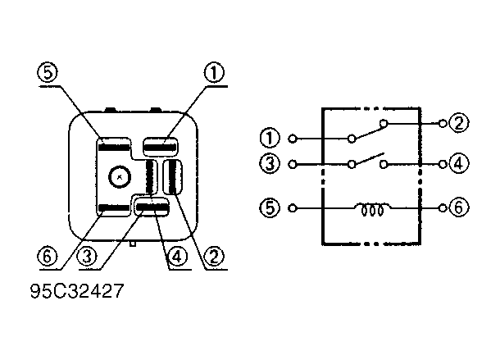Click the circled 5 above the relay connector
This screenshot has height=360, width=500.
[x=48, y=72]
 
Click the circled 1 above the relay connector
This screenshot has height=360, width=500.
[x=214, y=72]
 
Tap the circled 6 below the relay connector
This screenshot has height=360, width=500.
[x=48, y=256]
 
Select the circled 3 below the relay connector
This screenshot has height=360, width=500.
[x=87, y=256]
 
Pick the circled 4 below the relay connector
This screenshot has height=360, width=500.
[x=177, y=256]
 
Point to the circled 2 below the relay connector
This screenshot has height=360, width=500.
[x=214, y=256]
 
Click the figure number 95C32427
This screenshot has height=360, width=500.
[x=77, y=291]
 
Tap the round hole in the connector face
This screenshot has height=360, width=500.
[x=120, y=177]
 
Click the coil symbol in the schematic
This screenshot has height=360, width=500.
[x=372, y=209]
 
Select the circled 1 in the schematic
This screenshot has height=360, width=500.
[x=270, y=139]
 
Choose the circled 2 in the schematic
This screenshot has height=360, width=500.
[x=459, y=123]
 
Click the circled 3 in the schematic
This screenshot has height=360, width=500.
[x=270, y=164]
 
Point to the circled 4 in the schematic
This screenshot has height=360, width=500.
[x=459, y=164]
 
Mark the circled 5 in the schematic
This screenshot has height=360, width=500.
[x=270, y=207]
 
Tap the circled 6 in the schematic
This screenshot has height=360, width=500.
[x=459, y=207]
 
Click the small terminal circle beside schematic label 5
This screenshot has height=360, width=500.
[x=293, y=208]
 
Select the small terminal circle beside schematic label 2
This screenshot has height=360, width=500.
[x=443, y=123]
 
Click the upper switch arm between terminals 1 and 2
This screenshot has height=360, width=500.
[x=369, y=133]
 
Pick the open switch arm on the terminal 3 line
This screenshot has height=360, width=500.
[x=369, y=159]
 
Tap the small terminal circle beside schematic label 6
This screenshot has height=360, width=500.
[x=443, y=208]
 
